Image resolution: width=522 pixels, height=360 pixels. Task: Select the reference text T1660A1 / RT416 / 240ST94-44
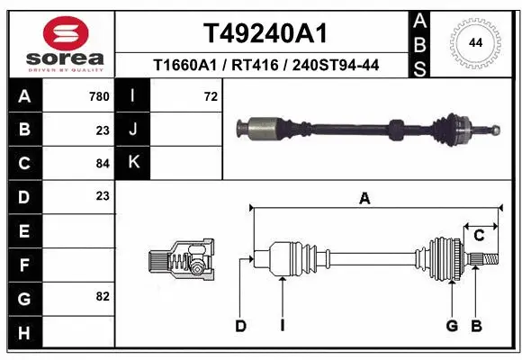pos(265,65)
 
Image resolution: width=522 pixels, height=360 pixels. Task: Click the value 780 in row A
pos(99,96)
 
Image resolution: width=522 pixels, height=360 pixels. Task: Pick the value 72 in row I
pos(211,96)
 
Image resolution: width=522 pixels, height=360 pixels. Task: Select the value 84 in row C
pos(102,164)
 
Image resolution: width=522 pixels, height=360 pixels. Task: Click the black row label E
pos(23,230)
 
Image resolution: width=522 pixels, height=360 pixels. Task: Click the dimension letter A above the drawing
pos(364,199)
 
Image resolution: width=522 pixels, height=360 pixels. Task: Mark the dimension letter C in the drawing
pos(479,236)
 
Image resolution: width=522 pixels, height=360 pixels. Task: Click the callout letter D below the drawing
pos(240,326)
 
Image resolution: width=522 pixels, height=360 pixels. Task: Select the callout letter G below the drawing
pos(452,326)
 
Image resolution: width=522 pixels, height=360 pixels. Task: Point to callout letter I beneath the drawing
pos(282,326)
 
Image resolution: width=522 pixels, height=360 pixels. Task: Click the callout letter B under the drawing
pos(477,326)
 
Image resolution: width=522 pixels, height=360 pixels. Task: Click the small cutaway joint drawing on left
pos(181,262)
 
